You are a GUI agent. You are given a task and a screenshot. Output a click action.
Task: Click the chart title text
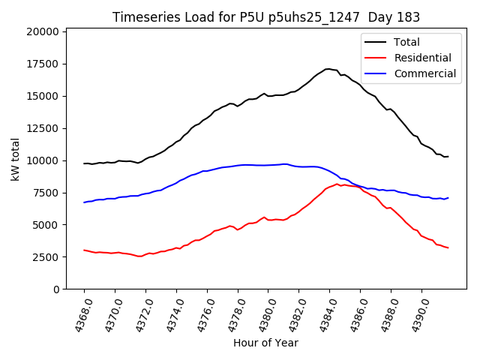click(x=266, y=17)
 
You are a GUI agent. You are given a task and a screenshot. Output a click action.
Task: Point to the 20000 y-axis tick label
click(x=41, y=31)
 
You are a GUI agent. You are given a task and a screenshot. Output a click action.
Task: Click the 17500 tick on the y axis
click(x=41, y=64)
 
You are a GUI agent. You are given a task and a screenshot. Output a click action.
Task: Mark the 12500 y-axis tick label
click(x=41, y=128)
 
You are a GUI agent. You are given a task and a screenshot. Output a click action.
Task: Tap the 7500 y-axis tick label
click(x=44, y=193)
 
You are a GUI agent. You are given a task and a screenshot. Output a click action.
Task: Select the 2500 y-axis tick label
click(x=44, y=257)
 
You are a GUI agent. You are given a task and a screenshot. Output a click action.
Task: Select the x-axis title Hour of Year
click(x=265, y=343)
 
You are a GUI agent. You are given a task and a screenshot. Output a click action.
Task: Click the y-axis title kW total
click(x=15, y=160)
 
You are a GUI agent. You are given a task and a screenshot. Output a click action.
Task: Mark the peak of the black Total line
click(x=328, y=69)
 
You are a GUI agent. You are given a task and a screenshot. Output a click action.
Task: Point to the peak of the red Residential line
click(x=338, y=184)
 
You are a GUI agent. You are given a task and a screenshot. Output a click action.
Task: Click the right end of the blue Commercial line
click(x=448, y=198)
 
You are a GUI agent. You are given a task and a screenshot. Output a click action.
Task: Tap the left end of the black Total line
click(x=84, y=163)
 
